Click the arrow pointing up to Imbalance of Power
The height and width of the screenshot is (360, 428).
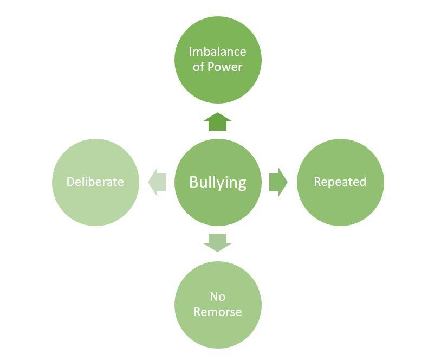pyautogui.click(x=218, y=122)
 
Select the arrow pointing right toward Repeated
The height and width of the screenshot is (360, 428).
pyautogui.click(x=278, y=182)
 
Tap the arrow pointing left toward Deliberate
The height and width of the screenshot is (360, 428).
pyautogui.click(x=157, y=182)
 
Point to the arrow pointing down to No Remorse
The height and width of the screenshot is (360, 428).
pyautogui.click(x=218, y=242)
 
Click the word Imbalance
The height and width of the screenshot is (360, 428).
pyautogui.click(x=217, y=52)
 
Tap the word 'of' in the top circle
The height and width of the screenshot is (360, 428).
pyautogui.click(x=198, y=67)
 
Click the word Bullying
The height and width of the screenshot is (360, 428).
pyautogui.click(x=218, y=182)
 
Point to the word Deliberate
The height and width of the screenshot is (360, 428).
pyautogui.click(x=95, y=182)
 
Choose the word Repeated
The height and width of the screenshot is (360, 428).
pyautogui.click(x=340, y=182)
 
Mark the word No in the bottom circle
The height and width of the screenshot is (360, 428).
pyautogui.click(x=217, y=297)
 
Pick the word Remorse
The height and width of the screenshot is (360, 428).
pyautogui.click(x=218, y=312)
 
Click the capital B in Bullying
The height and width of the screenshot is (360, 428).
pyautogui.click(x=193, y=182)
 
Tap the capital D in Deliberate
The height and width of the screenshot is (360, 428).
pyautogui.click(x=70, y=182)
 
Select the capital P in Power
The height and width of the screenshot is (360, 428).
pyautogui.click(x=211, y=67)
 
